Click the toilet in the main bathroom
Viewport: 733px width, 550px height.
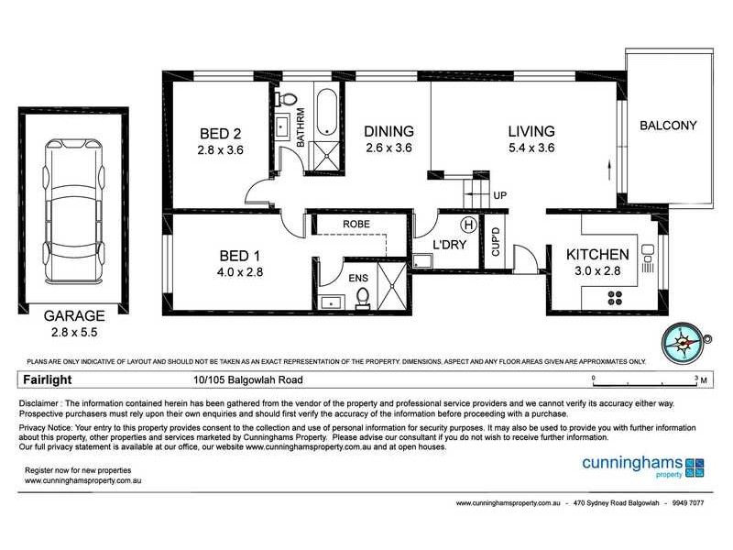click(287, 98)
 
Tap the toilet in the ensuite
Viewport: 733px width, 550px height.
click(361, 297)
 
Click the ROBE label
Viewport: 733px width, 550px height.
click(356, 223)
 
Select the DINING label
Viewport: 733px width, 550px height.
click(388, 130)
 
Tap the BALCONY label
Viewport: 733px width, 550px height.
click(669, 126)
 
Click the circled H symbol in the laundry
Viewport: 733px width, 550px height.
click(468, 223)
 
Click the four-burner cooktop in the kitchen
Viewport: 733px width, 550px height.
click(614, 296)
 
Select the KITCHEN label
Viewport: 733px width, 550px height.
click(596, 254)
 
